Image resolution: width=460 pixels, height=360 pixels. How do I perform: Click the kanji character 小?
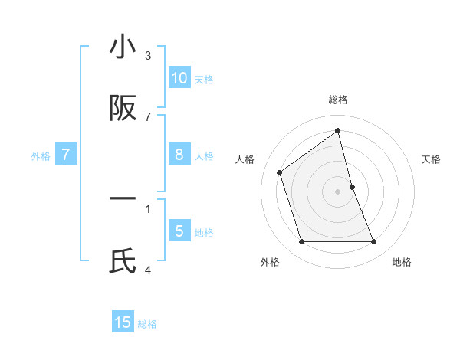(x=123, y=47)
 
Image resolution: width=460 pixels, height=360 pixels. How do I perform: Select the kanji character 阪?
(x=123, y=109)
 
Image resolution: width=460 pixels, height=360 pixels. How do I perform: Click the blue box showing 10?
(x=179, y=78)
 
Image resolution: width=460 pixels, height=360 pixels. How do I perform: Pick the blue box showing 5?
(x=179, y=231)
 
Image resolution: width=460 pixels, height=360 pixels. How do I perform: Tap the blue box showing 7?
(x=66, y=155)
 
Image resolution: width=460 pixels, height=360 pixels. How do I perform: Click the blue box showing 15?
(x=123, y=322)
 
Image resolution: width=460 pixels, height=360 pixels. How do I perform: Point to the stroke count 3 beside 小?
(x=148, y=55)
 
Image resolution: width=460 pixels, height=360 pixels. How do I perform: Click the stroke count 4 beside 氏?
(x=148, y=270)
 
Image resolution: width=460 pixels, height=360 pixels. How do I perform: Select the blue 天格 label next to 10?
(x=204, y=79)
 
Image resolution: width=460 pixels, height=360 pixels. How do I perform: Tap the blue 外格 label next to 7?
(x=41, y=156)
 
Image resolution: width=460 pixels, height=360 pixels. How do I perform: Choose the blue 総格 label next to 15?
(x=147, y=324)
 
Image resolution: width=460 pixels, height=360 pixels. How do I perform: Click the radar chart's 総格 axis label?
(x=338, y=100)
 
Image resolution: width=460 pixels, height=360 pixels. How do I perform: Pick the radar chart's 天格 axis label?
(x=432, y=159)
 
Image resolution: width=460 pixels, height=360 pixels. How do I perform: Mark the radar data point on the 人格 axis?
(x=280, y=172)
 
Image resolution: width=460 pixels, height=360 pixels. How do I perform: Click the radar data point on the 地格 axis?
(x=373, y=242)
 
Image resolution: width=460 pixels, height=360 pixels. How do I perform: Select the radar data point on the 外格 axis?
(x=301, y=242)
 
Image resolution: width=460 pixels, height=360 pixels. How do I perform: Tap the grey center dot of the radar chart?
(x=338, y=191)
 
